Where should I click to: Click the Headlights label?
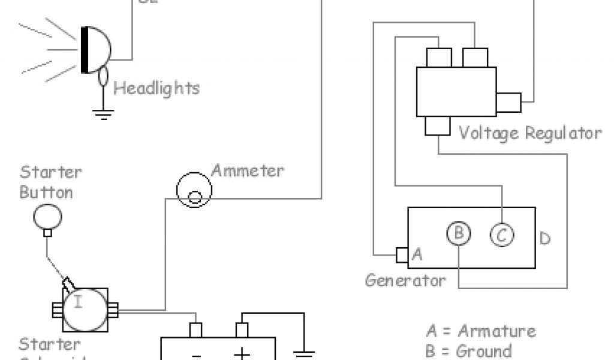tap(156, 89)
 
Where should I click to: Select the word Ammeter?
tap(248, 170)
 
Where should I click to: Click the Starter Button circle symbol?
tap(46, 217)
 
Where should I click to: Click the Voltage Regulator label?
tap(529, 133)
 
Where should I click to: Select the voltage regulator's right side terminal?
tap(508, 103)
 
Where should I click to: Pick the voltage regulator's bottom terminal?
tap(437, 125)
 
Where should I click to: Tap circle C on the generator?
tap(501, 234)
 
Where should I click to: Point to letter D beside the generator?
tap(544, 239)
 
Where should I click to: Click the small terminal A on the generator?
tap(402, 254)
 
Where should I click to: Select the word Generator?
tap(406, 280)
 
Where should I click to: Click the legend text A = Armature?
tap(481, 331)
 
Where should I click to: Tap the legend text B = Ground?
tap(469, 350)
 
